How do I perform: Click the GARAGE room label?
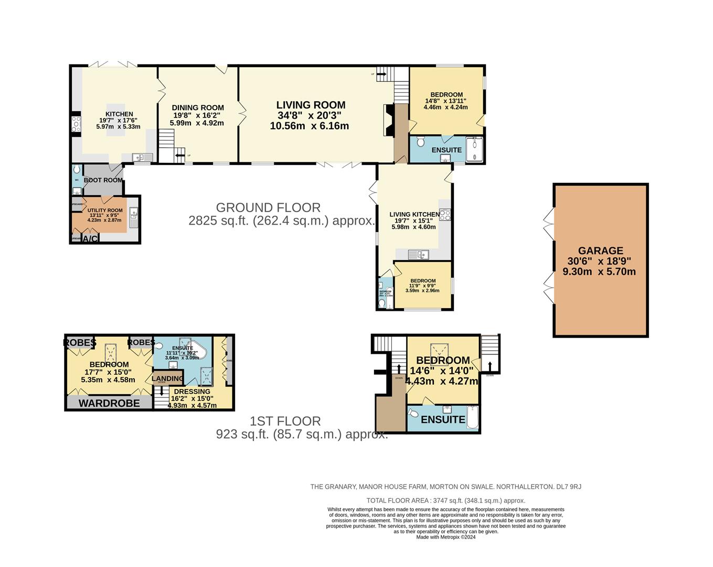(600, 251)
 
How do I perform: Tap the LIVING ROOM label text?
(311, 105)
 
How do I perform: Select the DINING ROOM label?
(198, 108)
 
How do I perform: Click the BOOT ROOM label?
(103, 180)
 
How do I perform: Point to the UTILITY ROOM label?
(105, 211)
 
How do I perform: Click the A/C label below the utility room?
(90, 239)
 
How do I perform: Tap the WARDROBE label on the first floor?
(110, 403)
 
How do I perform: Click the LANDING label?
(167, 378)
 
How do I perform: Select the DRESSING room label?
(192, 392)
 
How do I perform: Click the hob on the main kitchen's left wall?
(76, 124)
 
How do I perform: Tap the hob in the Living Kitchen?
(445, 214)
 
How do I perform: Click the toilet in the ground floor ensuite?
(420, 142)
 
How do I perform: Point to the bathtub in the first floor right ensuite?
(473, 418)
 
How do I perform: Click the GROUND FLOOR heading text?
(268, 207)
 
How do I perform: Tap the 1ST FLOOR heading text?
(285, 421)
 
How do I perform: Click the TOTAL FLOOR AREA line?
(445, 500)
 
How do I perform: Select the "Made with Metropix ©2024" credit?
(445, 537)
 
